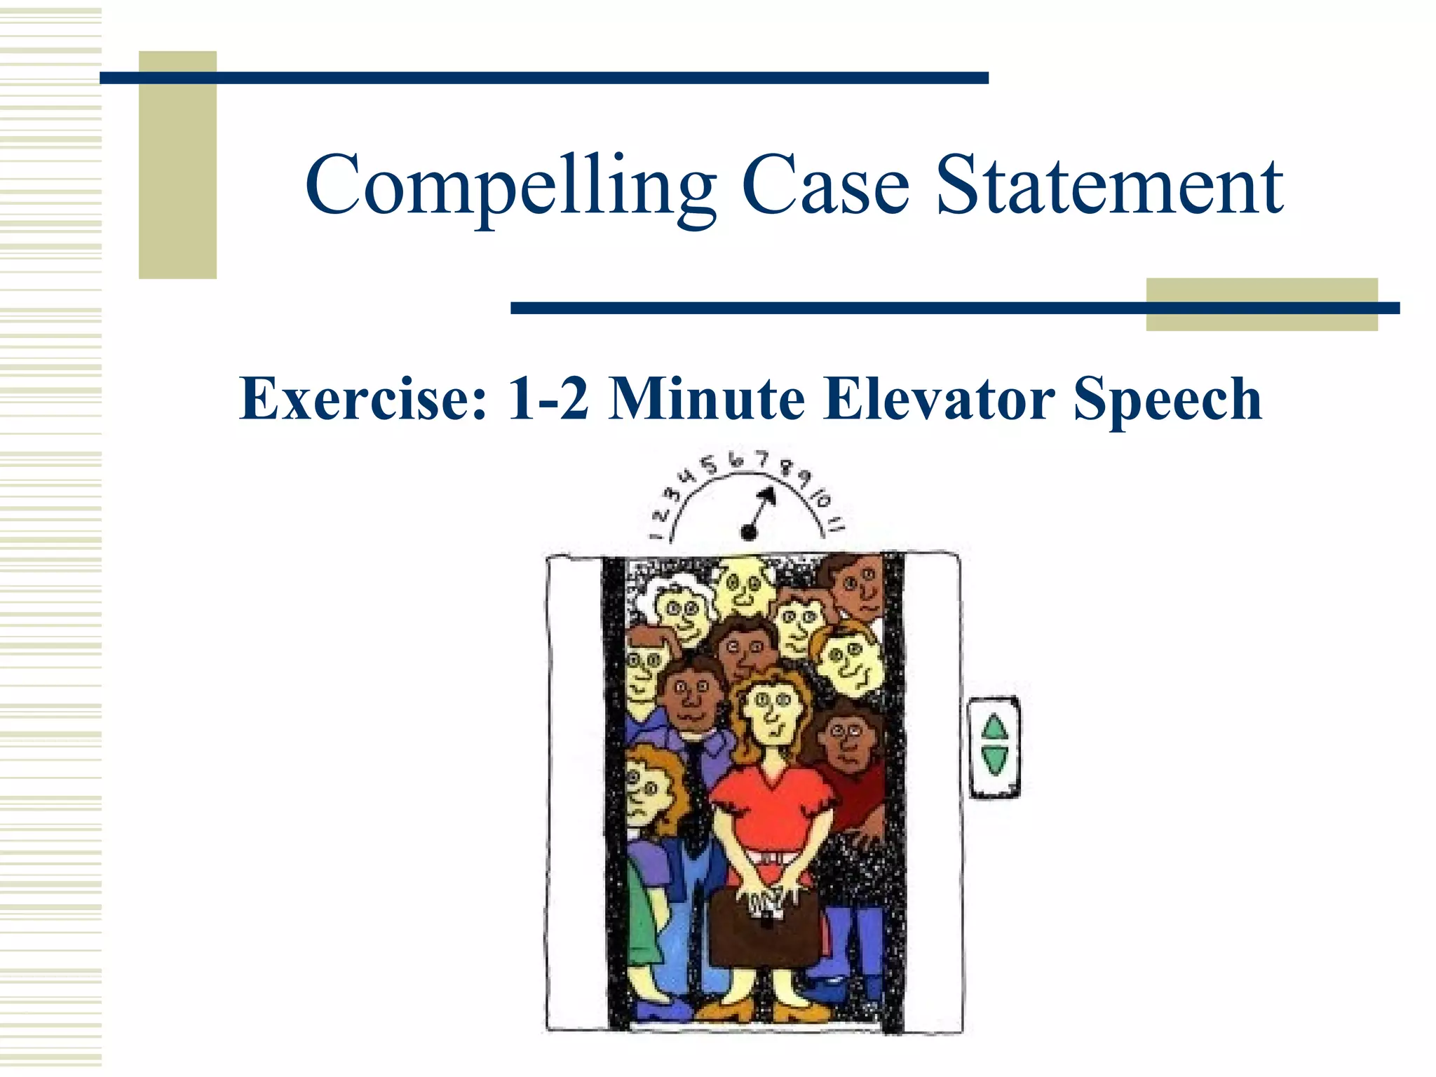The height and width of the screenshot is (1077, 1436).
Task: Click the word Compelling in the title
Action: (510, 187)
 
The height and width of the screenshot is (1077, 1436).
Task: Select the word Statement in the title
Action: (1109, 187)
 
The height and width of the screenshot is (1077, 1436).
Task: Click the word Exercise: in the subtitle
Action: (363, 399)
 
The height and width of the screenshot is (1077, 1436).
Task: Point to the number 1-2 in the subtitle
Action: (548, 399)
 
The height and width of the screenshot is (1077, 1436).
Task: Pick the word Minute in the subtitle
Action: (706, 399)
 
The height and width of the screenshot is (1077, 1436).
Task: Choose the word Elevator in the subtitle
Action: (939, 399)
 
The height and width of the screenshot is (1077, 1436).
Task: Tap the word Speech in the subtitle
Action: (1167, 399)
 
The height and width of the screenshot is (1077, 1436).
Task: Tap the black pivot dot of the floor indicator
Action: (749, 533)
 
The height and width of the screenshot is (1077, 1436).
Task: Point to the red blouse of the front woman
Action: (771, 813)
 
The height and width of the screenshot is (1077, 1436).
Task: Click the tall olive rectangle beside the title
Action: (177, 165)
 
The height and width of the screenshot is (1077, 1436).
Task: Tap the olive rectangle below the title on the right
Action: (1261, 304)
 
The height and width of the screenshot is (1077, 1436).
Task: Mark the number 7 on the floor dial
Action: (763, 460)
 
